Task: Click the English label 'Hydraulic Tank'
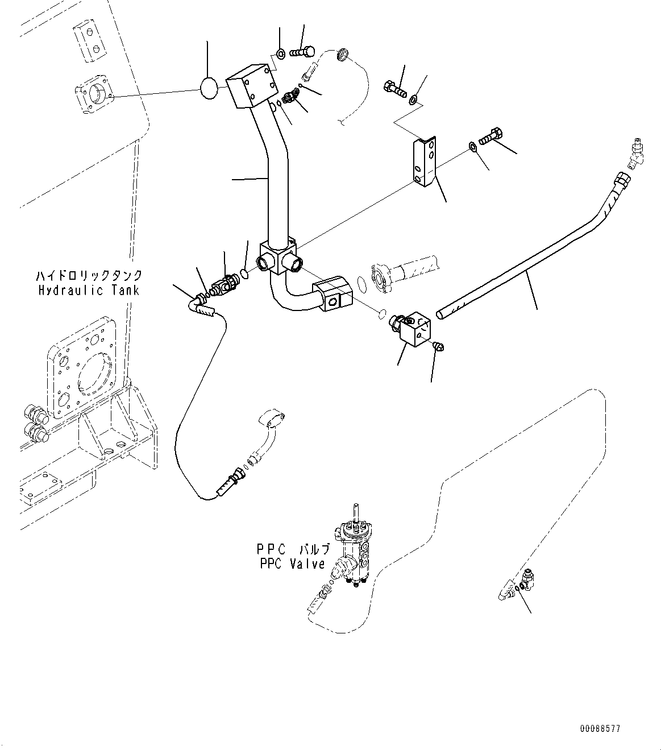click(x=88, y=291)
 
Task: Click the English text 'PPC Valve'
click(x=293, y=564)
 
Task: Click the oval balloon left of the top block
click(x=208, y=89)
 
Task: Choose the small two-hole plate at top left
click(x=90, y=42)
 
